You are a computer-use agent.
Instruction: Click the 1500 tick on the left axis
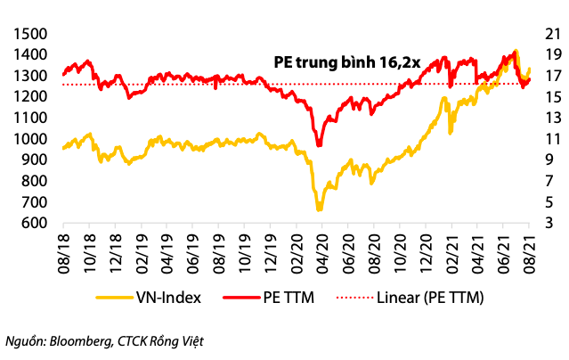pos(30,33)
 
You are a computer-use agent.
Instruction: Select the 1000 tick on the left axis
pos(30,138)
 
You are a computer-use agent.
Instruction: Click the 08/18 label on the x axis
pos(65,255)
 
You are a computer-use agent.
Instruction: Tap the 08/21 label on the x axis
pos(530,255)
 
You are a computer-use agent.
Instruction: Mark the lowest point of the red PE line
pos(318,144)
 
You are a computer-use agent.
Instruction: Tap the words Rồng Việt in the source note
pos(182,340)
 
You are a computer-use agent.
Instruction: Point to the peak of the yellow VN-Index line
pos(516,52)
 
